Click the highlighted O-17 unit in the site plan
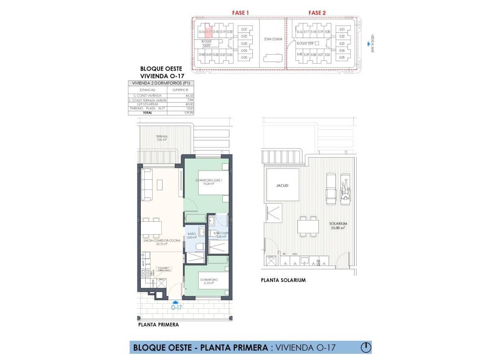[208, 32]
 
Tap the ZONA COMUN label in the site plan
[272, 39]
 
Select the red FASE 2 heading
[317, 13]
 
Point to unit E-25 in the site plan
[342, 57]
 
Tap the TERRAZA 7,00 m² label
[161, 138]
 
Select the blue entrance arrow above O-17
[176, 302]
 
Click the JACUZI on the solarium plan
[282, 186]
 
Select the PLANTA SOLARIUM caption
[283, 280]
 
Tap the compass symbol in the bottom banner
[365, 348]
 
